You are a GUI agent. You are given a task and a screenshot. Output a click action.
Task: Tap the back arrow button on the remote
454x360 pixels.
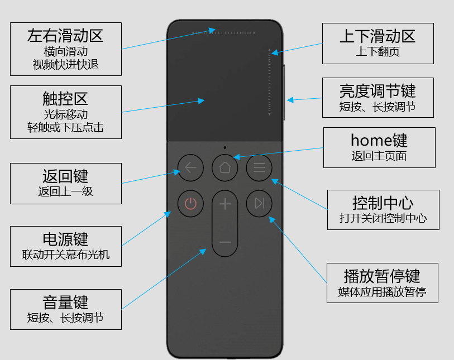(x=190, y=167)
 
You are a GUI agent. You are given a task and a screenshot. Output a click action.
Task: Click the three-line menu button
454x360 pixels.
(x=259, y=167)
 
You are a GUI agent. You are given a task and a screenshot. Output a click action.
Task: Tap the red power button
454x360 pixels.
(x=190, y=203)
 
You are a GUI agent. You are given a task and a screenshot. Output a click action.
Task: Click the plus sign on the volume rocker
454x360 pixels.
(x=225, y=204)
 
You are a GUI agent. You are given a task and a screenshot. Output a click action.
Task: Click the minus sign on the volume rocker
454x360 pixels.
(x=225, y=242)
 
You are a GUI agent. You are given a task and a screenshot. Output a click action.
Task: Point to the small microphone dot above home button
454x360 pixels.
(x=225, y=147)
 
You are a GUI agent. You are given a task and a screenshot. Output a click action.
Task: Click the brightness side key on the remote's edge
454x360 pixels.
(x=284, y=92)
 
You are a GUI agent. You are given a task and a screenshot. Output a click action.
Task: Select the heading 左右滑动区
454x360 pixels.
(x=65, y=36)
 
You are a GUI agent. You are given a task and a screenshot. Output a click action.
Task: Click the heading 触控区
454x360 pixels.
(x=65, y=99)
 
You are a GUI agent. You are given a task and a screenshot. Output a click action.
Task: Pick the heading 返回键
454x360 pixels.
(x=65, y=176)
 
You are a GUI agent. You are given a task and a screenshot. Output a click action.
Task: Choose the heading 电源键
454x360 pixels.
(x=65, y=239)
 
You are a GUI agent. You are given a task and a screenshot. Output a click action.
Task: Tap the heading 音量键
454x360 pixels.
(x=65, y=303)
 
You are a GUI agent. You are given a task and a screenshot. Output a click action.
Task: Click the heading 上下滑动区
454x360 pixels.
(x=377, y=36)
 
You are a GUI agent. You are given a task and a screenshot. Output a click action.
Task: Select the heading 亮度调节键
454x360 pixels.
(x=377, y=91)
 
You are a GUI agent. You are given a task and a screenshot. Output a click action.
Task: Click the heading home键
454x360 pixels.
(x=379, y=140)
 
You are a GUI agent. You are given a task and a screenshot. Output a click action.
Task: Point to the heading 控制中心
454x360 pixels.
(x=383, y=203)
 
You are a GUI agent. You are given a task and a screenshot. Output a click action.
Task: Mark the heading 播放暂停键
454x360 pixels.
(x=382, y=276)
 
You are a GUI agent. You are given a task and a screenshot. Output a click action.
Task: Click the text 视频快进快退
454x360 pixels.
(x=65, y=65)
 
